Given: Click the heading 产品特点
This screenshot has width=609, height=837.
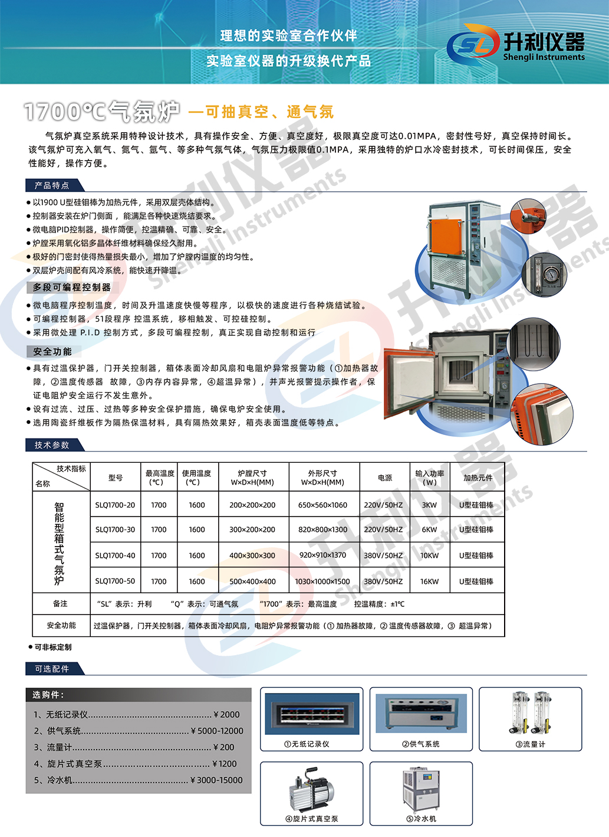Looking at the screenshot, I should (52, 185).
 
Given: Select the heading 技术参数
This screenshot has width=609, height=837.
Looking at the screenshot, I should (52, 445).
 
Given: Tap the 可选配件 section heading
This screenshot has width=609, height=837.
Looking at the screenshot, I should (52, 669).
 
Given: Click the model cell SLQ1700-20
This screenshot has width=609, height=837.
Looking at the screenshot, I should (115, 505).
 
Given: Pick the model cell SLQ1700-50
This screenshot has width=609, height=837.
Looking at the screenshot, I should (115, 581).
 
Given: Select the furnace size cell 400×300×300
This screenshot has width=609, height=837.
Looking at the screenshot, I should (252, 555).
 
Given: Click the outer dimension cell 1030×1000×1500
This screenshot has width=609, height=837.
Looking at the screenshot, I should (322, 581).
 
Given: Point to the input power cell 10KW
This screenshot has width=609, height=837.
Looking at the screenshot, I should (429, 555).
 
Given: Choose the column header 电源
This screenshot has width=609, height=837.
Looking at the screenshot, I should (385, 478).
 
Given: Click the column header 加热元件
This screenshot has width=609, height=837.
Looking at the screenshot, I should (478, 478).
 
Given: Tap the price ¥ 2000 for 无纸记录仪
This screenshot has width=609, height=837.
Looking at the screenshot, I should (226, 714).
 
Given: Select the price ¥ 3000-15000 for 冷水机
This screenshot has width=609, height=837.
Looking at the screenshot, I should (216, 780).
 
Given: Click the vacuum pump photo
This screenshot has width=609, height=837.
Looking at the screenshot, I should (311, 789).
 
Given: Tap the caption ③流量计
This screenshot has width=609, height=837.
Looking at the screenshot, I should (530, 744).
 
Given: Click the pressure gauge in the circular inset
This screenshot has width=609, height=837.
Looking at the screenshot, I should (550, 275).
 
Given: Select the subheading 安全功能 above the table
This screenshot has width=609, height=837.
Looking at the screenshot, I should (52, 352).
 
